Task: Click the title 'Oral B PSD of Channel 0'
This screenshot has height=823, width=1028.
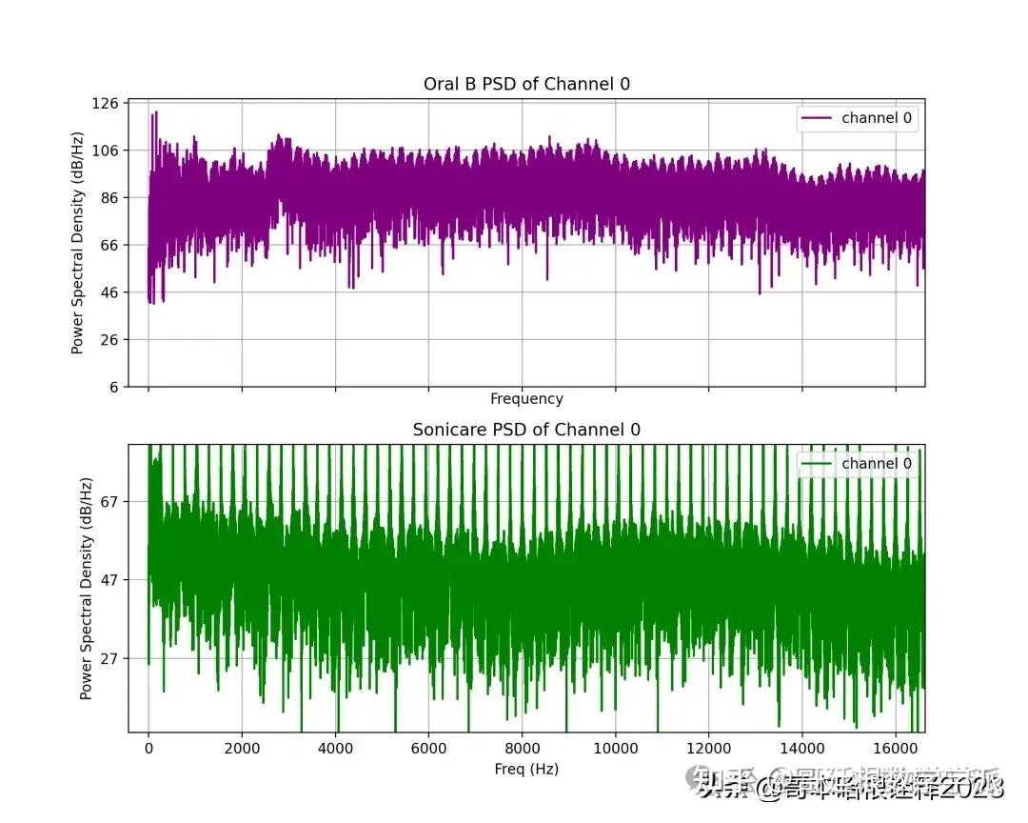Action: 526,84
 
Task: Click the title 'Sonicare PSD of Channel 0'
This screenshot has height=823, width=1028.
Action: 526,430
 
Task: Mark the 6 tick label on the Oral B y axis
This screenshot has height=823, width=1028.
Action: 114,387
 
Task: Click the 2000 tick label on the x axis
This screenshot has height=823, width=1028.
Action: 242,751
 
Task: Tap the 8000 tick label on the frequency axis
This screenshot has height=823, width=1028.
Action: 522,751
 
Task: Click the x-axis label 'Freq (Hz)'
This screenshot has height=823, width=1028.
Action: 526,769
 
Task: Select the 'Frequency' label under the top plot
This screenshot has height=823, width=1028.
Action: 526,399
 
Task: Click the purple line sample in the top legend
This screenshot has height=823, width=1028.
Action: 817,118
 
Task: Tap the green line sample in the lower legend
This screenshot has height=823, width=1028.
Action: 817,464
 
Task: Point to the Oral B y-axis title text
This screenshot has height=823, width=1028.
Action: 77,245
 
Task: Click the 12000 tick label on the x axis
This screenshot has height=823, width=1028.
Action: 709,751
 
